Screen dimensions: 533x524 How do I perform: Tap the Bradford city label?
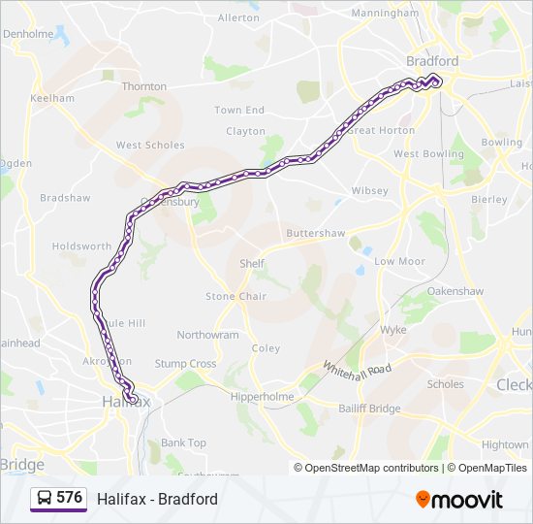tap(432, 60)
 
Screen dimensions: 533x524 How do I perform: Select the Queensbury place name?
tap(170, 203)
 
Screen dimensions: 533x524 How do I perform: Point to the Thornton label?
tap(144, 86)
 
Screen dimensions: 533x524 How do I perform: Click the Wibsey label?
tap(369, 190)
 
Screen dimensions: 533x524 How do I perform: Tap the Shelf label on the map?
tap(252, 263)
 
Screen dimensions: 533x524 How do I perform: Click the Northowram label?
tap(207, 335)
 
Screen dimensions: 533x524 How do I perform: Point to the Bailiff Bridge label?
tap(369, 409)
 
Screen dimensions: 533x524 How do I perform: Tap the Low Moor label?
tap(399, 261)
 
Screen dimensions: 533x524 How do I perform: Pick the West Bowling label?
tap(428, 154)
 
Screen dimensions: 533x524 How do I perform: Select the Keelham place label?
tap(52, 98)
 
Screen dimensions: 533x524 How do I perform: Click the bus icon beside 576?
tap(44, 499)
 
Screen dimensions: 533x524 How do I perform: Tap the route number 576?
tap(70, 498)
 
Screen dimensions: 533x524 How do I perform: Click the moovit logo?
tap(459, 500)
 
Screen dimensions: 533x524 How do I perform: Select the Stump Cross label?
tap(185, 364)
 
